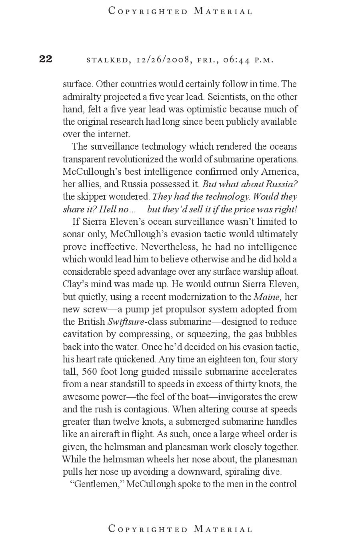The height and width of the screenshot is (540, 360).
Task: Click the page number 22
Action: click(46, 59)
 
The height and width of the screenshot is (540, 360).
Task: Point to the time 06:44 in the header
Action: click(237, 60)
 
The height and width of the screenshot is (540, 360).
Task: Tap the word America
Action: click(280, 172)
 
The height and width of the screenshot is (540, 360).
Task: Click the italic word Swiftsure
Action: click(125, 322)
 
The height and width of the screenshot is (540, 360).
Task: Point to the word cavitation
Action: click(81, 334)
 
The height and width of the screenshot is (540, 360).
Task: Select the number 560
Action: click(90, 372)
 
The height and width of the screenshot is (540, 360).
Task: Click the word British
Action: click(91, 322)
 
